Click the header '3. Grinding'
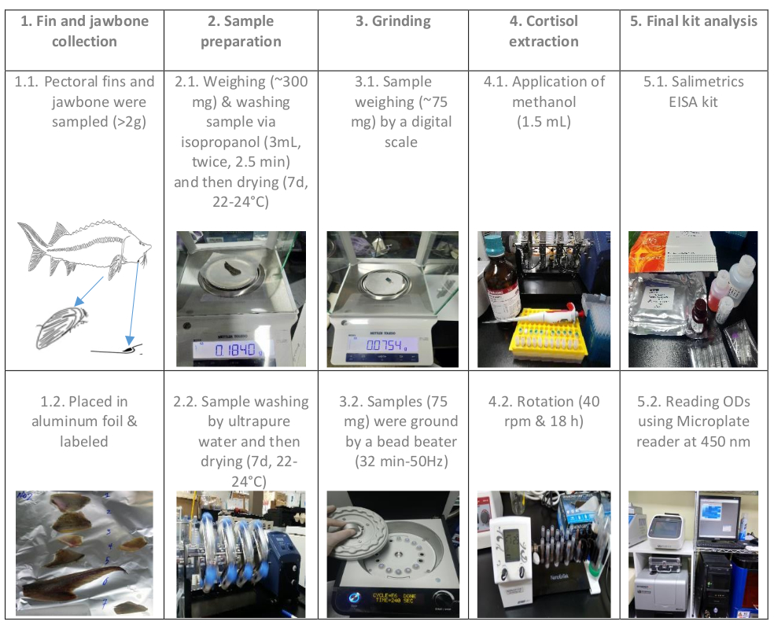pos(393,21)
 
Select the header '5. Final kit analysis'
pos(694,21)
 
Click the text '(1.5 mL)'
pos(544,122)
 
